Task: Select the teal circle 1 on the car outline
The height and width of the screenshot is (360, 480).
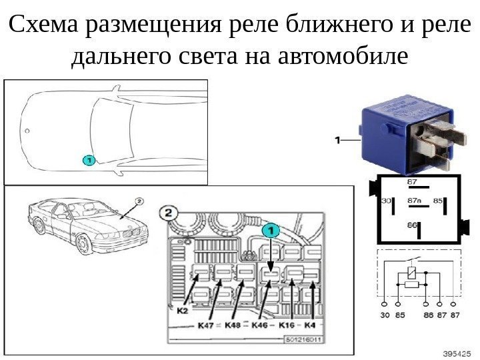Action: tap(88, 160)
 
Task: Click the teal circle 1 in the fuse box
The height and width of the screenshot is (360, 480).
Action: tap(269, 231)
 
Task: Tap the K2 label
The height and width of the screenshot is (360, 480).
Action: tap(183, 309)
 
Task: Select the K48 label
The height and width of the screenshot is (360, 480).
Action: tap(233, 326)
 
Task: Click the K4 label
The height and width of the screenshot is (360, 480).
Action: tap(310, 326)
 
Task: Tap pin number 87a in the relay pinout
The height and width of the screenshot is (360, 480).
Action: tap(414, 199)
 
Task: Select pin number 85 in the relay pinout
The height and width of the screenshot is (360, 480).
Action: tap(439, 199)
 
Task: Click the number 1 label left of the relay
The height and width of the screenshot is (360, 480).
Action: tap(337, 140)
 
